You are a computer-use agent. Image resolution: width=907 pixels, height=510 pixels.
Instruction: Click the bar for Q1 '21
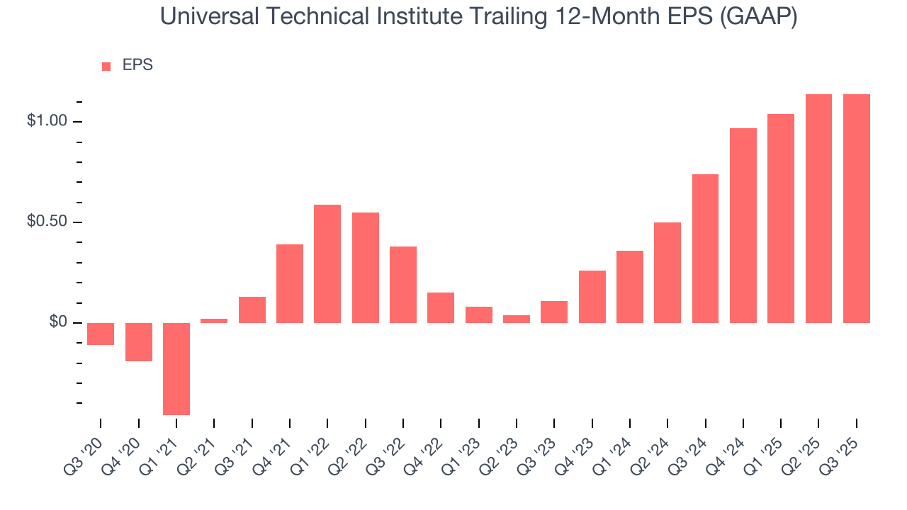[176, 368]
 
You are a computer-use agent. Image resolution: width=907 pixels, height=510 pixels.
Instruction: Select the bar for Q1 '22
[327, 263]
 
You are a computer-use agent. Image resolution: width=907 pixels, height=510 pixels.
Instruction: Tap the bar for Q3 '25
[857, 208]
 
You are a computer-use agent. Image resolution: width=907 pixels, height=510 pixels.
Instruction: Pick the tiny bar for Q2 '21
[214, 321]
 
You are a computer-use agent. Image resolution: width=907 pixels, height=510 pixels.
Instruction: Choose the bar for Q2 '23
[517, 319]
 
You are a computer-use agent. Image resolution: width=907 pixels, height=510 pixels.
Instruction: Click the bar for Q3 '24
[705, 248]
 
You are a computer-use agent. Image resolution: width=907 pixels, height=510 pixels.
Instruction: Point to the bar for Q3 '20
[101, 334]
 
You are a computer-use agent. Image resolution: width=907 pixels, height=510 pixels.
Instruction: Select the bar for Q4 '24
[743, 225]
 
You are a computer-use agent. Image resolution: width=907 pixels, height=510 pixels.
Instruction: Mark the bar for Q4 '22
[441, 307]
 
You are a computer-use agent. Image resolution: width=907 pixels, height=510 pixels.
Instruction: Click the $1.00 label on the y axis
[46, 121]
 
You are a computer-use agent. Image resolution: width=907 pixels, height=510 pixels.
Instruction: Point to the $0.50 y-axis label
[46, 222]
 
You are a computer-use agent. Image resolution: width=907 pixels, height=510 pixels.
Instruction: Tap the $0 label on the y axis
[58, 323]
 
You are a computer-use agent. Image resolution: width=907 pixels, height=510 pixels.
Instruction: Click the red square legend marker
[106, 66]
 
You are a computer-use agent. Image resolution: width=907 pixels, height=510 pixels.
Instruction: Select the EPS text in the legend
[137, 65]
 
